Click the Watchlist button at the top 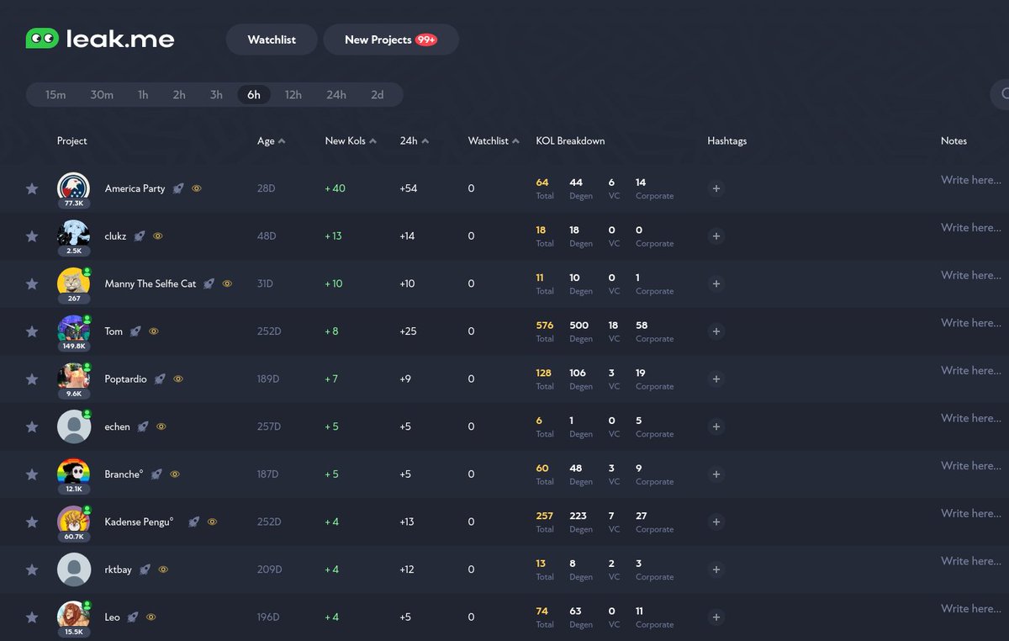[x=272, y=40]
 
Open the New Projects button [x=390, y=40]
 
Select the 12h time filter [x=293, y=95]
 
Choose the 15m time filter [x=55, y=95]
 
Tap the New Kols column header [x=346, y=141]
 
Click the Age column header [x=266, y=141]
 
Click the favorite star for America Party [x=32, y=188]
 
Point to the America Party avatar [x=73, y=188]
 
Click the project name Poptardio [x=125, y=379]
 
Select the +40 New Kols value [x=335, y=188]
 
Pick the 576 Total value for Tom [x=544, y=326]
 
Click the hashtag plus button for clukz [x=716, y=236]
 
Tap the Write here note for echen [x=970, y=418]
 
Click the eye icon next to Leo [x=151, y=617]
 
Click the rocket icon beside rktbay [x=145, y=569]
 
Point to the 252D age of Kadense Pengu [x=269, y=522]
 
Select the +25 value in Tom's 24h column [x=408, y=331]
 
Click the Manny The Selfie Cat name [x=150, y=284]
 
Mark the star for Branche [x=32, y=474]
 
